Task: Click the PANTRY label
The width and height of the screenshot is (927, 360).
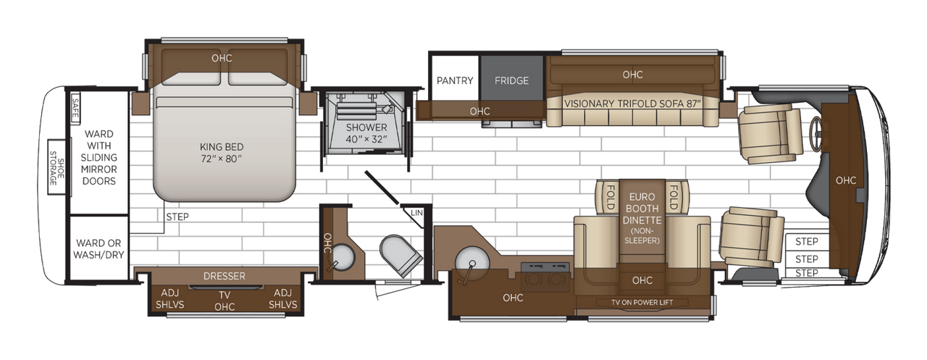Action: point(455,80)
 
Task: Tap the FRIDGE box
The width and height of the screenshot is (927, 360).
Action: point(511,80)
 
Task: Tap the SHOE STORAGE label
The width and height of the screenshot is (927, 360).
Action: point(53,167)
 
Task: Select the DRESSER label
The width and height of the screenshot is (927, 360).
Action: point(224,276)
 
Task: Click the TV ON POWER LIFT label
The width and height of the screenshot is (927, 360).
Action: point(642,302)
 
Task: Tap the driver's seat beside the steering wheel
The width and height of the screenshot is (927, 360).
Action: point(767,133)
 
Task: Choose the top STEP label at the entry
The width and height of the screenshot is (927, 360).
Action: point(806,241)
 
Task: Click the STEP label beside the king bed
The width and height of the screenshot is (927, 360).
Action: point(177,216)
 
